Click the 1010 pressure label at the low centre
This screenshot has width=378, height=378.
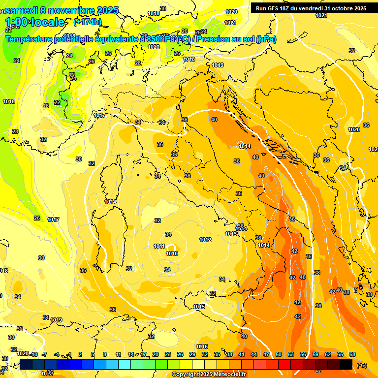click(x=172, y=253)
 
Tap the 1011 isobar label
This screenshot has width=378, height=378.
click(x=159, y=246)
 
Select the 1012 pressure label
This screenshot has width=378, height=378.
click(x=205, y=240)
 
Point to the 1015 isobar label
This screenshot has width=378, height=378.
click(x=199, y=307)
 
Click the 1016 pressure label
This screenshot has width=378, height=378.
click(x=202, y=346)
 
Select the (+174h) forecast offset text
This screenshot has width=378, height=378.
click(x=87, y=22)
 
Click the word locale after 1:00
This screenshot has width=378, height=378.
click(x=47, y=22)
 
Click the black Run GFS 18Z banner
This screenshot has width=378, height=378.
click(x=311, y=8)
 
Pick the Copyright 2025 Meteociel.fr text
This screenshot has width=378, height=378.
click(x=209, y=374)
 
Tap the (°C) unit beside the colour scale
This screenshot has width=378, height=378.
click(x=362, y=365)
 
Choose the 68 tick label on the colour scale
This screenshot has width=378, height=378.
click(x=352, y=354)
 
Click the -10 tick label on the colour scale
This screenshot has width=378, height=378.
click(x=33, y=354)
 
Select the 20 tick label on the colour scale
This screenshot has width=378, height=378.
click(x=156, y=354)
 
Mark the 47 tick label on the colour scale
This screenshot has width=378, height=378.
click(x=266, y=354)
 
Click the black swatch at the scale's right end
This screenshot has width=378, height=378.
click(x=346, y=364)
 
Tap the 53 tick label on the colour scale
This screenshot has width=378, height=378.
click(x=291, y=354)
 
